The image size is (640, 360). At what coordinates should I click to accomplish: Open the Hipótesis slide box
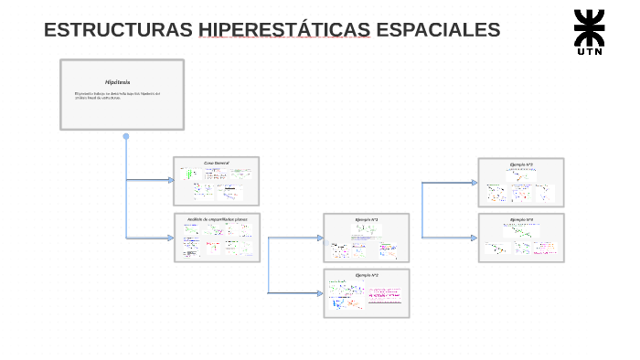click(x=122, y=95)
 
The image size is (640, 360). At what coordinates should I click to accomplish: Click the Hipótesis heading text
click(x=118, y=82)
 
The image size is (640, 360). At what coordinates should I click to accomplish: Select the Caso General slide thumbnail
click(x=217, y=181)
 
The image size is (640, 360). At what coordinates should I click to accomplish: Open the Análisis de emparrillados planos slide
click(x=217, y=238)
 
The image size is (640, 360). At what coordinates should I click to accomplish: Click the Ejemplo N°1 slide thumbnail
click(x=367, y=238)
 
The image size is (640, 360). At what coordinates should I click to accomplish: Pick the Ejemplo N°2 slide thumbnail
click(x=367, y=293)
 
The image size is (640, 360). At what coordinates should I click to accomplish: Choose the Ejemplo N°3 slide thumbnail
click(x=521, y=182)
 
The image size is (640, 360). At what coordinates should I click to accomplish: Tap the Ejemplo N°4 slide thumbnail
click(x=521, y=238)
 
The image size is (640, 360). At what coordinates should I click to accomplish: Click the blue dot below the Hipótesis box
click(x=126, y=137)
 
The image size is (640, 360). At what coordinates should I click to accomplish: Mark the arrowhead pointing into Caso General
click(x=170, y=180)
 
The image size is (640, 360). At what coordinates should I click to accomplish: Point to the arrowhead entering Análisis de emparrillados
click(x=170, y=238)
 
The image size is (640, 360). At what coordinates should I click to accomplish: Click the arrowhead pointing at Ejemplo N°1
click(x=320, y=238)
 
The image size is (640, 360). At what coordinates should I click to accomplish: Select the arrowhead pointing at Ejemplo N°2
click(x=320, y=292)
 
